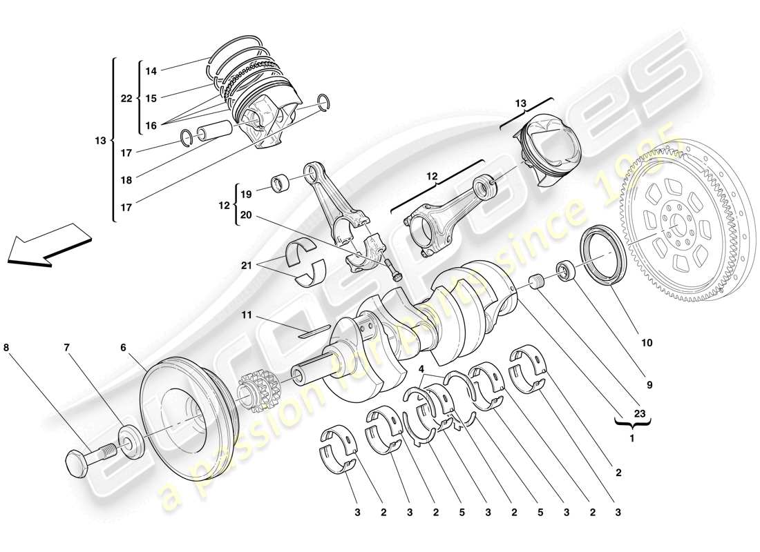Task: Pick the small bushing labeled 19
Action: click(x=283, y=185)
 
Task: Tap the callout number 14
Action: click(x=151, y=70)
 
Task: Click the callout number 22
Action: click(x=126, y=99)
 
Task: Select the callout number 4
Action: click(x=422, y=370)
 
